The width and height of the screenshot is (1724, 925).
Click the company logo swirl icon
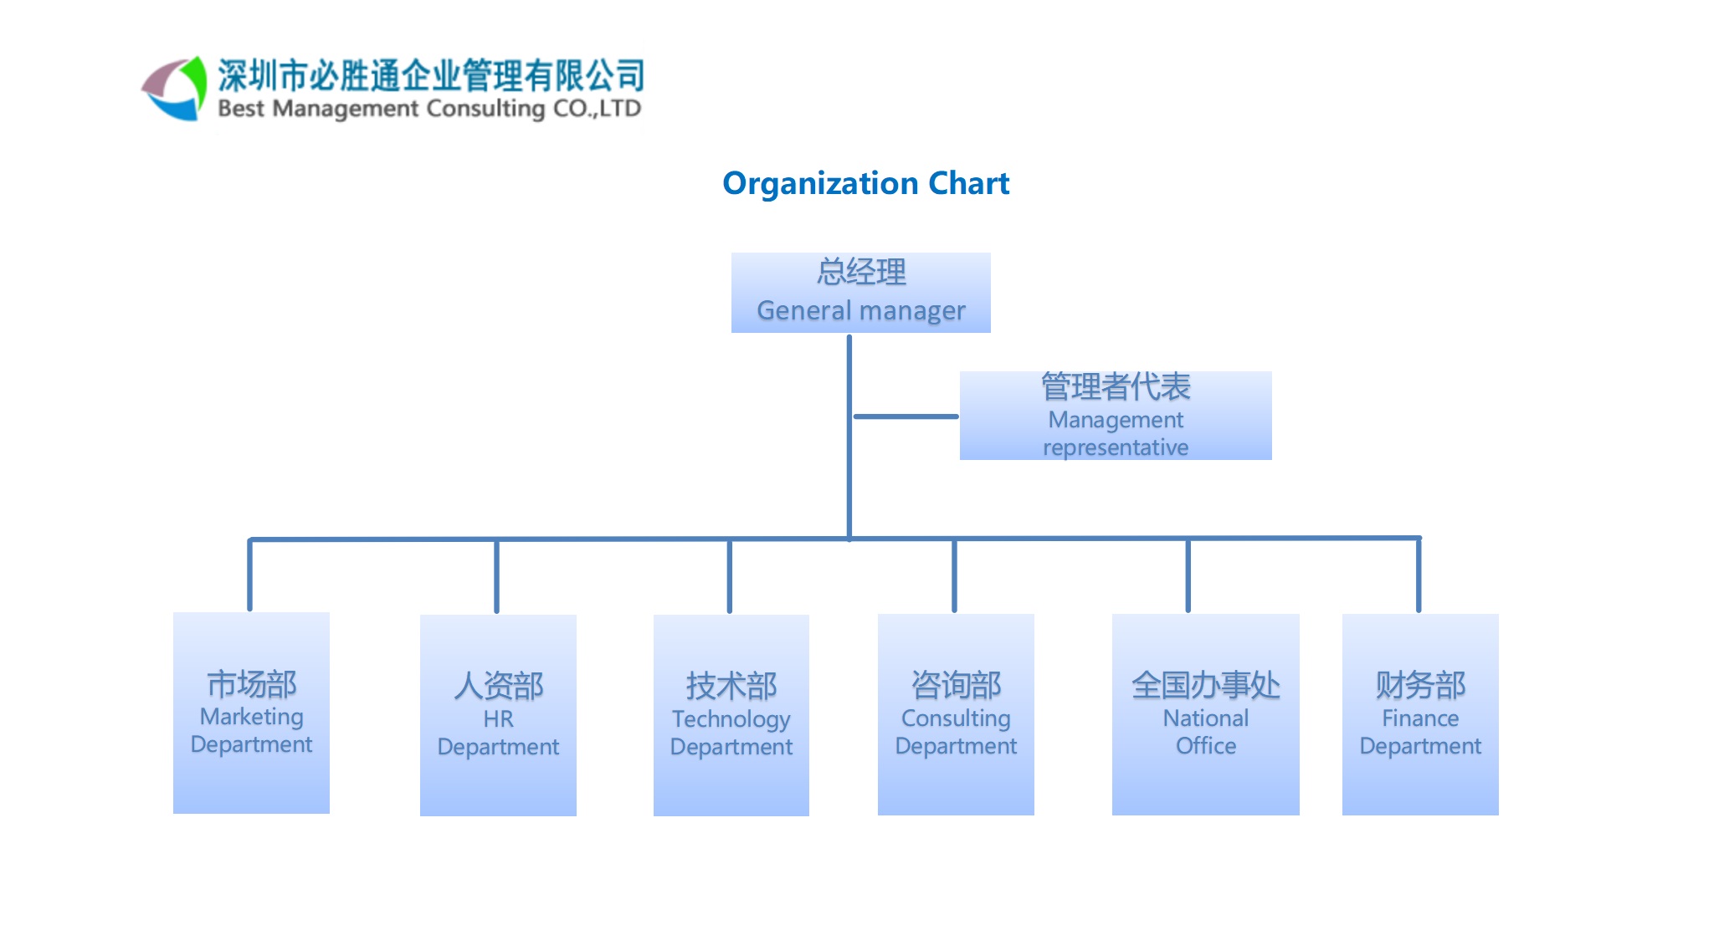tap(174, 89)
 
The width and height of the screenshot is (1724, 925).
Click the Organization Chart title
tap(865, 183)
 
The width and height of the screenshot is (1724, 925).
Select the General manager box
tap(860, 293)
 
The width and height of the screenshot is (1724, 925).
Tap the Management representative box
tap(1115, 416)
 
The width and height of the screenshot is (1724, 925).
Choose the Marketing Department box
tap(251, 713)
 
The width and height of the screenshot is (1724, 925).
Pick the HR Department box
tap(498, 715)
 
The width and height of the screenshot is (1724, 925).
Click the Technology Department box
tap(731, 715)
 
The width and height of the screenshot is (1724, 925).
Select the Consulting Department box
tap(956, 714)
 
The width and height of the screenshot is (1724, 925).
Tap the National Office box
tap(1205, 714)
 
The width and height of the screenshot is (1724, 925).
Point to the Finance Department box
tap(1420, 714)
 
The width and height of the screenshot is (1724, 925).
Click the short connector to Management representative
tap(906, 416)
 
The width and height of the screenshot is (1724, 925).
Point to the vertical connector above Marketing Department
tap(249, 575)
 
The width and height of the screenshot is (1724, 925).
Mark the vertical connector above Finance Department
tap(1419, 575)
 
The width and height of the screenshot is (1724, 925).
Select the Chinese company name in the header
tap(431, 75)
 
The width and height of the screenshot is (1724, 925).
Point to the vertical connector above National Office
tap(1188, 575)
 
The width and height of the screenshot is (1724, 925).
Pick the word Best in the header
tap(241, 109)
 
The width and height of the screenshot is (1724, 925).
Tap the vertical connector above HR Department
tap(496, 576)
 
